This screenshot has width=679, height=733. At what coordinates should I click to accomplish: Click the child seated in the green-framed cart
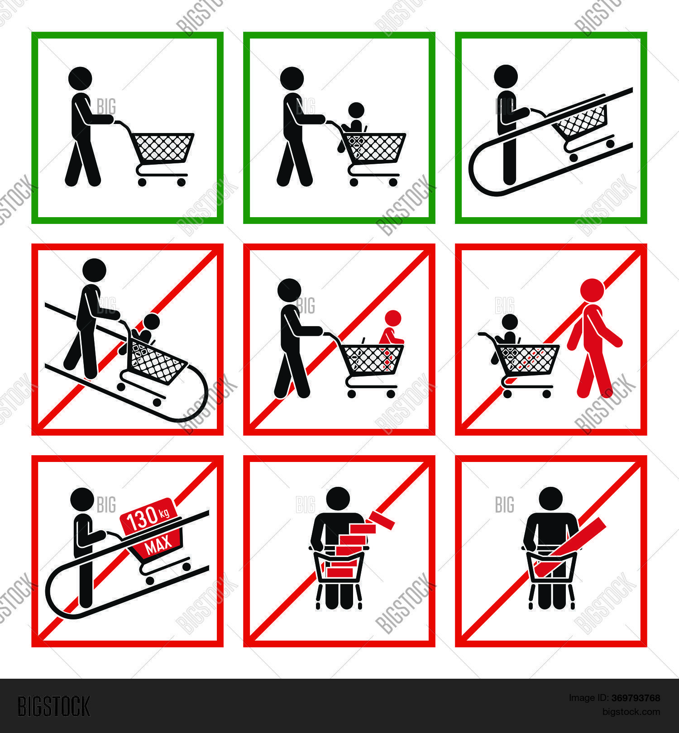pyautogui.click(x=355, y=120)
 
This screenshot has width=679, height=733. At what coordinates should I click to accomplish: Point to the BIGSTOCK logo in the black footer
pyautogui.click(x=54, y=706)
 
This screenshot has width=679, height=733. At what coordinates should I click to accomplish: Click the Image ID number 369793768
pyautogui.click(x=636, y=698)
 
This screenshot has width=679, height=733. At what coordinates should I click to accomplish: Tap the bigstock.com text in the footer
pyautogui.click(x=631, y=712)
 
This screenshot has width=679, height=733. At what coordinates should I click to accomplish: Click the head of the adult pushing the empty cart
pyautogui.click(x=80, y=78)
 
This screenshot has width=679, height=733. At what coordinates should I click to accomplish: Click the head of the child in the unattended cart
pyautogui.click(x=509, y=322)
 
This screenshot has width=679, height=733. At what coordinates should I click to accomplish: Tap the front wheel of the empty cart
pyautogui.click(x=181, y=182)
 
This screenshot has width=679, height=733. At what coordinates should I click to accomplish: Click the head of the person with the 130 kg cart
pyautogui.click(x=82, y=499)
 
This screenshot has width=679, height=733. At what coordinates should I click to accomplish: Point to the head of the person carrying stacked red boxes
pyautogui.click(x=338, y=499)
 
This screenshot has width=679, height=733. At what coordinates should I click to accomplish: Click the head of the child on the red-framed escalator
pyautogui.click(x=151, y=322)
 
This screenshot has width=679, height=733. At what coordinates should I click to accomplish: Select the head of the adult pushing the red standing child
pyautogui.click(x=289, y=290)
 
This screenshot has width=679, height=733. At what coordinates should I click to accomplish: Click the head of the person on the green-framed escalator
pyautogui.click(x=506, y=76)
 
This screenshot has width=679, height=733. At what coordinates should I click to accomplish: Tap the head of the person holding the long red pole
pyautogui.click(x=550, y=499)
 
